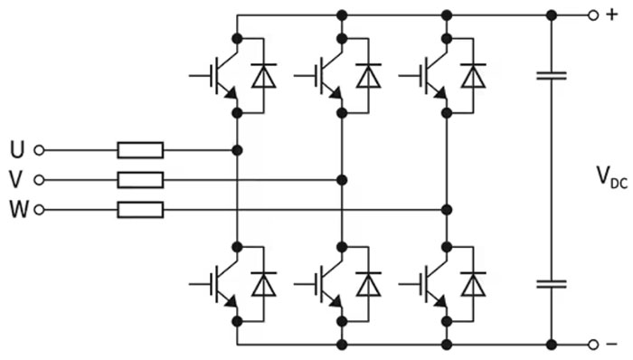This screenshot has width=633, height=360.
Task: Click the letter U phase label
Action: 17,150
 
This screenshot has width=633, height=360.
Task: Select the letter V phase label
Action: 16,180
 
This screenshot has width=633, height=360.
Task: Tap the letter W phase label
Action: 19,210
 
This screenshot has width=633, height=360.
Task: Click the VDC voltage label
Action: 611,177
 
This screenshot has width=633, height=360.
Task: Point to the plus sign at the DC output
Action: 612,15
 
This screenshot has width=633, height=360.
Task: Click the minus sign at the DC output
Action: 612,345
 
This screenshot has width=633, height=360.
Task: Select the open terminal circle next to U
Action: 39,150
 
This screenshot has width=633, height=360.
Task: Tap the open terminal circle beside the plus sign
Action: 593,15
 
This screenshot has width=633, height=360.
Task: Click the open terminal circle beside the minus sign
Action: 593,345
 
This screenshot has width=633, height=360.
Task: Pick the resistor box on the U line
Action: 140,150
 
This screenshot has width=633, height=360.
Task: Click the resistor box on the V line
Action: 140,180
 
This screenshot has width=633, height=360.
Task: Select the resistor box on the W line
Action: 140,210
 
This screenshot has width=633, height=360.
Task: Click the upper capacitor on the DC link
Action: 552,76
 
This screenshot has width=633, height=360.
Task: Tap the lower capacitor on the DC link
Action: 552,285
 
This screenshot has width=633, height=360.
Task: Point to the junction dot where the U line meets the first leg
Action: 237,150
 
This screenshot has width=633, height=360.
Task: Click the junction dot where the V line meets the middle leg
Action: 342,180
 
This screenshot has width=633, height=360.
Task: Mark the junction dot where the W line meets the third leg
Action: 447,210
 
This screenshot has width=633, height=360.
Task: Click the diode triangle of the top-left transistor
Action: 264,76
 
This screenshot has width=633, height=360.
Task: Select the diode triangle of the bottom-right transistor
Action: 473,285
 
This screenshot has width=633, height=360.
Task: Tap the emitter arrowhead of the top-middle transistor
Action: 335,94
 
